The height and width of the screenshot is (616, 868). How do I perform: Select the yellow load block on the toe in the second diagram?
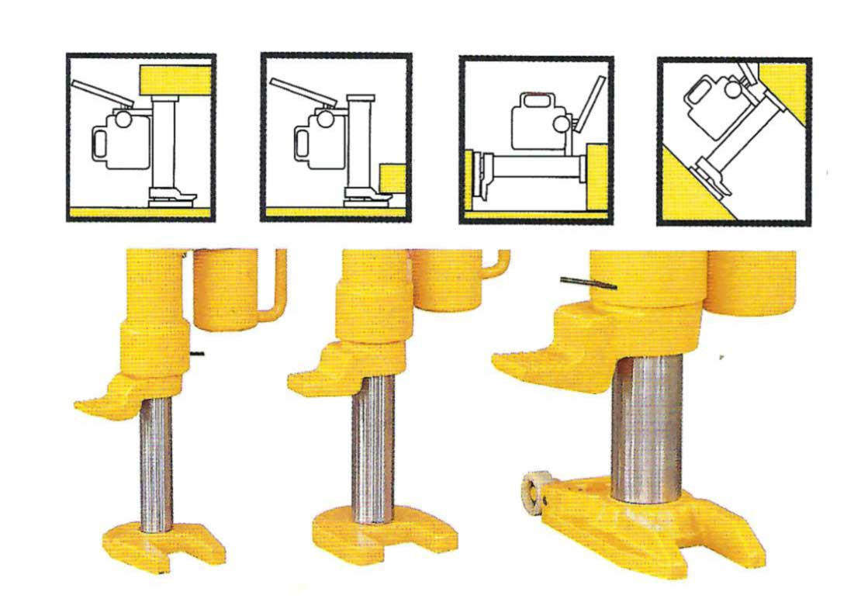point(393,178)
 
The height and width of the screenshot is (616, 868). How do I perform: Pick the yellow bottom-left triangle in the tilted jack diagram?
point(687,194)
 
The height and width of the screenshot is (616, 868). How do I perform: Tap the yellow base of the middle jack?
point(380,535)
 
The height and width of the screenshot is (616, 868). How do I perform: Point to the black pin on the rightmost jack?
point(588,282)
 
